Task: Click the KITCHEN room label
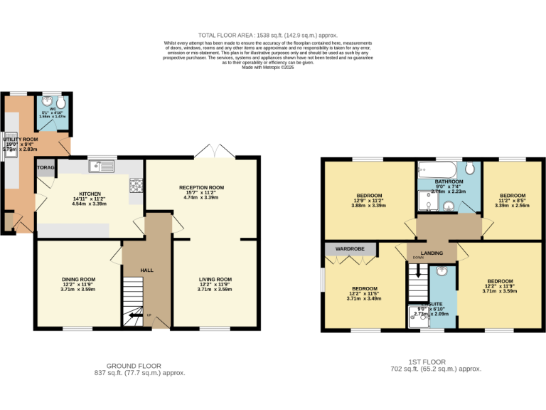click(x=90, y=194)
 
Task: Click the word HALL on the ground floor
click(x=147, y=270)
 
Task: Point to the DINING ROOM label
click(x=77, y=279)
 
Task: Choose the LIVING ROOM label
click(x=215, y=279)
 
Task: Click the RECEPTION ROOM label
click(x=201, y=188)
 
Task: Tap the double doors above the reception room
click(x=215, y=151)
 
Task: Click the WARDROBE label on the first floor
click(x=350, y=248)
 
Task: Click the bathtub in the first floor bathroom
click(x=434, y=169)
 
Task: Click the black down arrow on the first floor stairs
click(x=418, y=271)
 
